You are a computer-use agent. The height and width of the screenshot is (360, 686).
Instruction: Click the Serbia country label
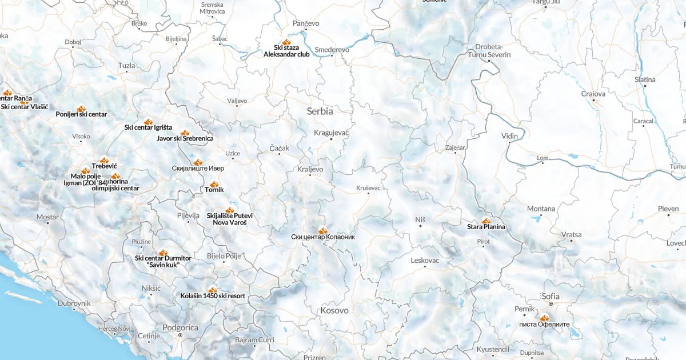(x=320, y=111)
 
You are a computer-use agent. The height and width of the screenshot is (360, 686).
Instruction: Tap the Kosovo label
(x=334, y=311)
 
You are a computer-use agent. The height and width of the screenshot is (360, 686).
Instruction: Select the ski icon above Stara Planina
(x=486, y=220)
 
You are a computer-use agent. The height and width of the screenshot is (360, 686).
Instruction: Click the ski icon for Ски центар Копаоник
(x=322, y=230)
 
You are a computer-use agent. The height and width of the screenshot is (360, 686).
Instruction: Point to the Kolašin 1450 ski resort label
(x=213, y=296)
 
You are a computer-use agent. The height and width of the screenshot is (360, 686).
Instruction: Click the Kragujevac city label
(x=331, y=133)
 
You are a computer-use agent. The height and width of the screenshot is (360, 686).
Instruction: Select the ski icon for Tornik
(x=214, y=184)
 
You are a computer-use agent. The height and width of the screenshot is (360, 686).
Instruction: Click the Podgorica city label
(x=180, y=327)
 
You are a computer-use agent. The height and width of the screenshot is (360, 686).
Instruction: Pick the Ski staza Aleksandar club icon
(x=286, y=42)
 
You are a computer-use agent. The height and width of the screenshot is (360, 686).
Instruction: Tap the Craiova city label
(x=593, y=94)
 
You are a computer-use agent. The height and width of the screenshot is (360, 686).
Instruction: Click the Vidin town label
(x=509, y=136)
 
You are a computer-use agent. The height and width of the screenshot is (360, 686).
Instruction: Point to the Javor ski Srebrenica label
(x=185, y=138)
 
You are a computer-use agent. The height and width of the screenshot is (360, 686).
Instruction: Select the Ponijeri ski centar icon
(x=81, y=108)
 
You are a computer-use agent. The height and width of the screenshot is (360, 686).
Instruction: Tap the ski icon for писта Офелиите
(x=544, y=318)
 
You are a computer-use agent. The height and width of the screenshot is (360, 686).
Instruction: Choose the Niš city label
(x=420, y=219)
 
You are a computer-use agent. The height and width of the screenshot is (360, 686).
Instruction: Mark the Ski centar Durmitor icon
(x=163, y=252)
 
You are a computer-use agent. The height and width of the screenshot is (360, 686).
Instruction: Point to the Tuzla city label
(x=126, y=66)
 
